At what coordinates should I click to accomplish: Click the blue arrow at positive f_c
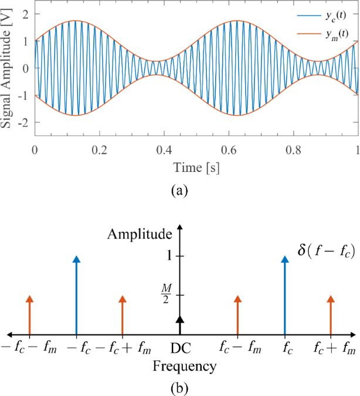pyautogui.click(x=285, y=294)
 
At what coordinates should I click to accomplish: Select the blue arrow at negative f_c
pyautogui.click(x=76, y=294)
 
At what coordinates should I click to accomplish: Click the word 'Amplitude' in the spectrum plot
pyautogui.click(x=139, y=235)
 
